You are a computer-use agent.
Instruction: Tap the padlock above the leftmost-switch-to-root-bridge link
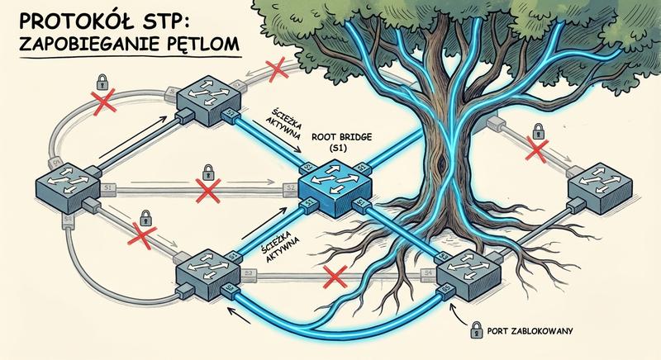click(x=207, y=173)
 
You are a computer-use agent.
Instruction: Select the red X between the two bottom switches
click(x=335, y=276)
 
